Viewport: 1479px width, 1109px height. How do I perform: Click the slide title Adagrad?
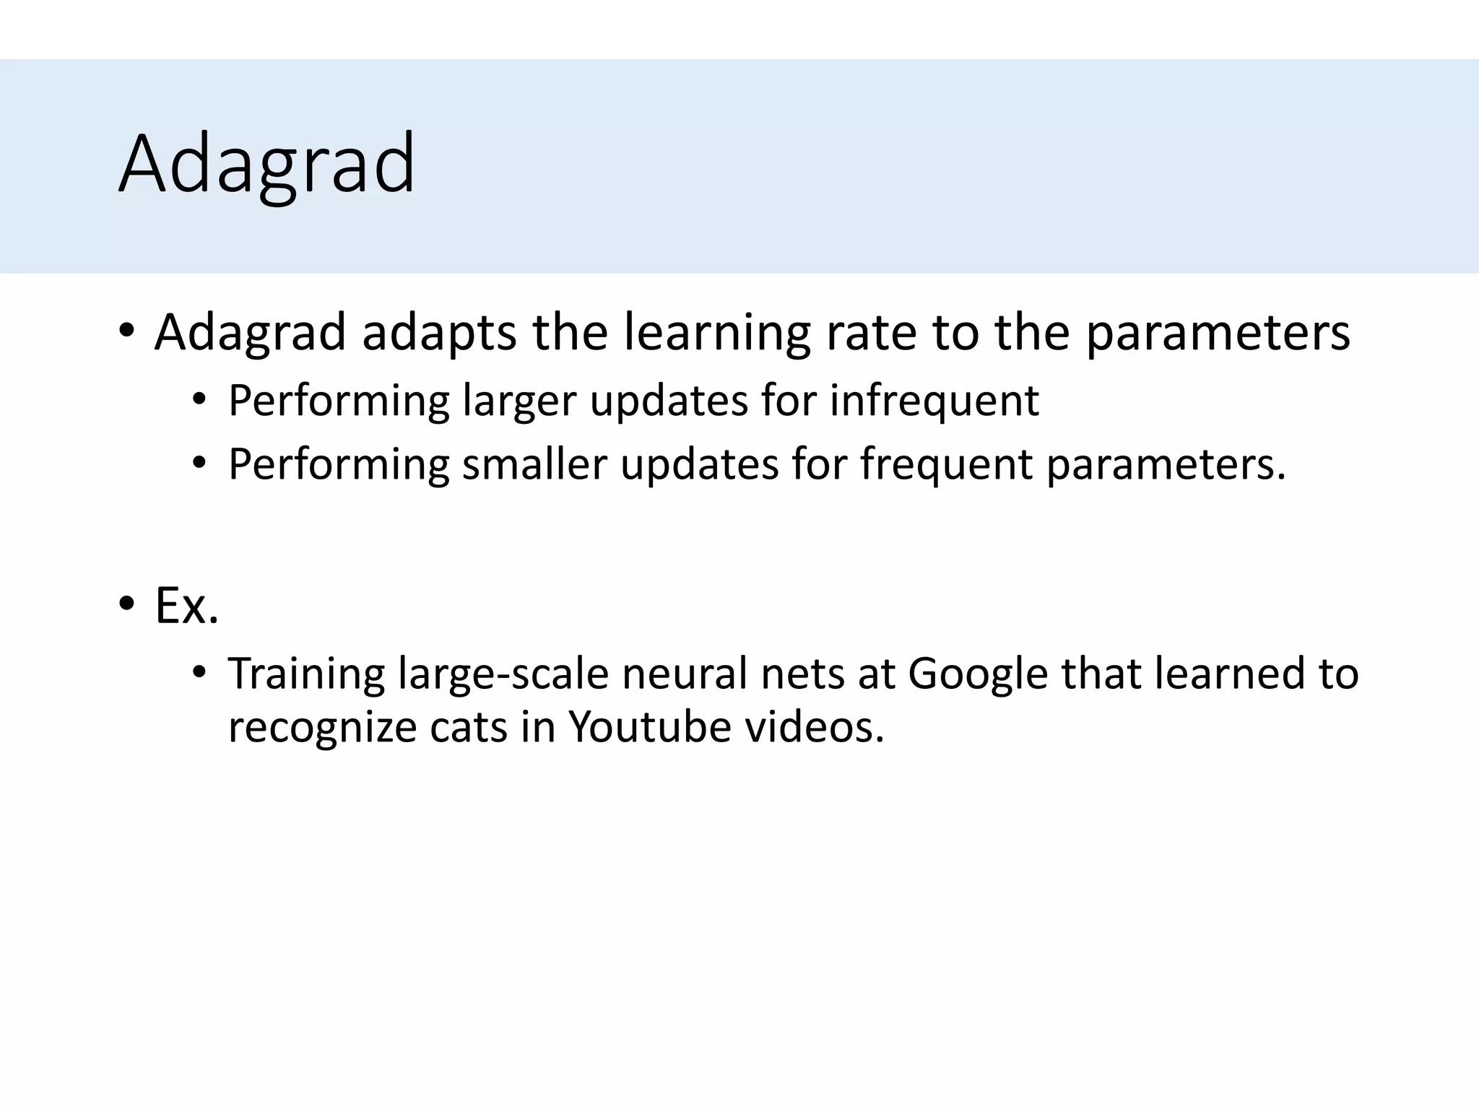click(x=266, y=165)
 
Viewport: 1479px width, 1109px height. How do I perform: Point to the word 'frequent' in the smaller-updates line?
click(x=946, y=465)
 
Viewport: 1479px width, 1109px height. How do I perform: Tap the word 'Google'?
click(x=977, y=674)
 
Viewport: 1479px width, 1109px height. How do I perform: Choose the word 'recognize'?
click(x=321, y=728)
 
